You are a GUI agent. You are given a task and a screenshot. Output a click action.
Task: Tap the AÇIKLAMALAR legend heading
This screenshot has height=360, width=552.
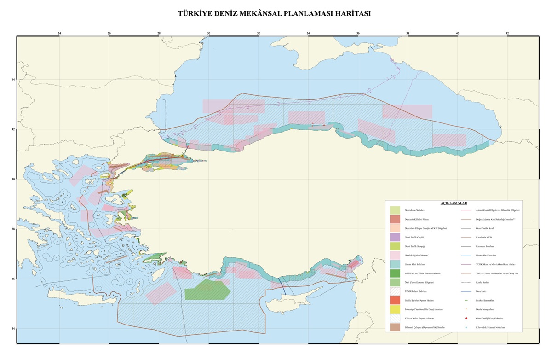click(454, 203)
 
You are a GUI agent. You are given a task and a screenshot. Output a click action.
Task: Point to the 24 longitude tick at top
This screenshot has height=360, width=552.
click(59, 33)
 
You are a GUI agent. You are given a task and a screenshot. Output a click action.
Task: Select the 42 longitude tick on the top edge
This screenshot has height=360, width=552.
click(507, 33)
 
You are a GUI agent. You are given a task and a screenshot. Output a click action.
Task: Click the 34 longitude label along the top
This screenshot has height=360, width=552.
click(308, 33)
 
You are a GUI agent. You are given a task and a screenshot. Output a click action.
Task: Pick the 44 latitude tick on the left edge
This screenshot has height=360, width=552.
click(13, 80)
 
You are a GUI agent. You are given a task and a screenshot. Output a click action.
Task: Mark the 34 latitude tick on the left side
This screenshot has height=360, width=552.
click(13, 329)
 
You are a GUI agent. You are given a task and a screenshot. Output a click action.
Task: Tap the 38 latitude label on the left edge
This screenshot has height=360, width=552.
click(13, 229)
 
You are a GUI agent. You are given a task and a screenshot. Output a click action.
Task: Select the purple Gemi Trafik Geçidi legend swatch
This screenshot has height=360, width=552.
click(395, 237)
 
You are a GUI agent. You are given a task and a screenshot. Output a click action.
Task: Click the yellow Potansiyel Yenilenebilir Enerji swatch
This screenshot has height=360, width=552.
click(395, 309)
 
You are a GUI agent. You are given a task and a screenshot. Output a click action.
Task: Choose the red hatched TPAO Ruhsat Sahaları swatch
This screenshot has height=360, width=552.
click(395, 291)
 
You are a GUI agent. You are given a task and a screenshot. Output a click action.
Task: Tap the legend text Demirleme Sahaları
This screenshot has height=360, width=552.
click(414, 210)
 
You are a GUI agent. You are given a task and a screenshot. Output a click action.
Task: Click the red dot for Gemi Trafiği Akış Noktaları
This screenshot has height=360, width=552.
click(466, 319)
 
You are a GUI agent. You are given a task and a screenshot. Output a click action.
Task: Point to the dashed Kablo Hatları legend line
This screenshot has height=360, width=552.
click(466, 282)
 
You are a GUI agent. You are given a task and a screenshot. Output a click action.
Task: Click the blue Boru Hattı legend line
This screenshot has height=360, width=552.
click(466, 291)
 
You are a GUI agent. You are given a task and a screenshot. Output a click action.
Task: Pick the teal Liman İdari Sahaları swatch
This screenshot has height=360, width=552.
click(395, 264)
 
